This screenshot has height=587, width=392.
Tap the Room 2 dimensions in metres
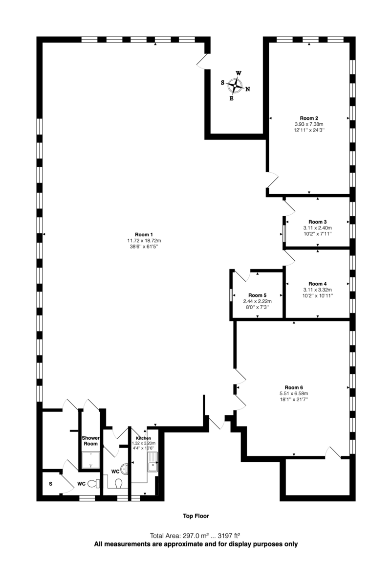coord(309,124)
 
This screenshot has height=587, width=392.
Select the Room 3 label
coord(317,222)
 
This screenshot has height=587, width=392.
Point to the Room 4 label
coord(317,284)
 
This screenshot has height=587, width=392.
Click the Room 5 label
coord(257,295)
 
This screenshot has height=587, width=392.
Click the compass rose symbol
coord(236,86)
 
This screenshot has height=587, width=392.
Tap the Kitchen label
coord(143,438)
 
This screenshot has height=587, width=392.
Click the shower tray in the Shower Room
coord(90,460)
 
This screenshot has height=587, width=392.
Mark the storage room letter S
coord(50,484)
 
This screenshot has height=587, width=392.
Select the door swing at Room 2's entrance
coord(272,180)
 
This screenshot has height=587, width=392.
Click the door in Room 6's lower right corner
coord(334,452)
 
